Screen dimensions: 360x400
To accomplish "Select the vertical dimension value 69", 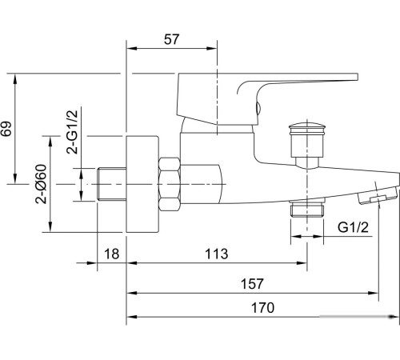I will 7,129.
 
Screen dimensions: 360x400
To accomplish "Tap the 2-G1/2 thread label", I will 72,132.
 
